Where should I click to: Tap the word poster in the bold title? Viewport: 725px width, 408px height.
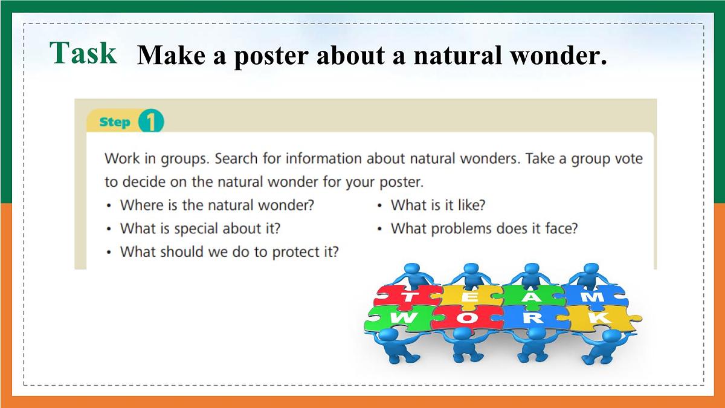click(x=270, y=56)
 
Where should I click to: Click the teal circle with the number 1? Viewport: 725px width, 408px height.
click(x=150, y=122)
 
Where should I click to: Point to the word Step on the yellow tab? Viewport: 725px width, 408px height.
click(x=115, y=122)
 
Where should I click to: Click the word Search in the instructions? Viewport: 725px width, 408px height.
click(x=236, y=159)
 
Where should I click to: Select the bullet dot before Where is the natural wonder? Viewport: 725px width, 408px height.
click(x=109, y=206)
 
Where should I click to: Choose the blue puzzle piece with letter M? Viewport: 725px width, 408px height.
click(x=594, y=296)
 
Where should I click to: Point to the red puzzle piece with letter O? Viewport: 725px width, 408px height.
click(x=465, y=318)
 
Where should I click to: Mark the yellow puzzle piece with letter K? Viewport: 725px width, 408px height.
click(x=598, y=318)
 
